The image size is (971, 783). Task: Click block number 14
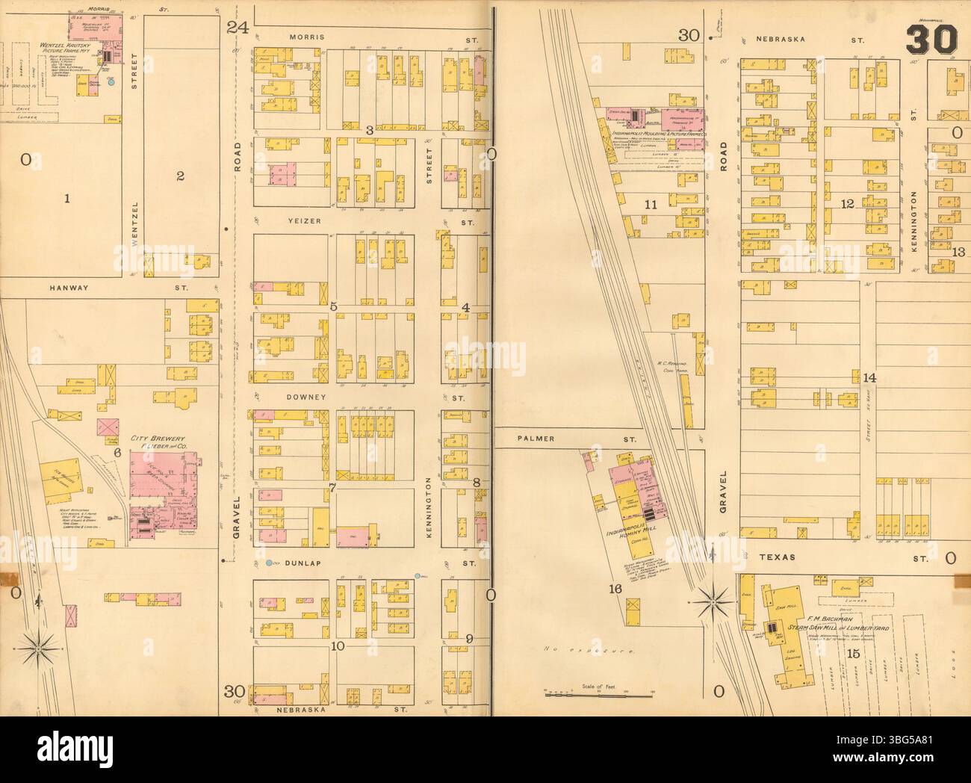pos(869,378)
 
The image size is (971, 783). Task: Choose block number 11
pos(651,204)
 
